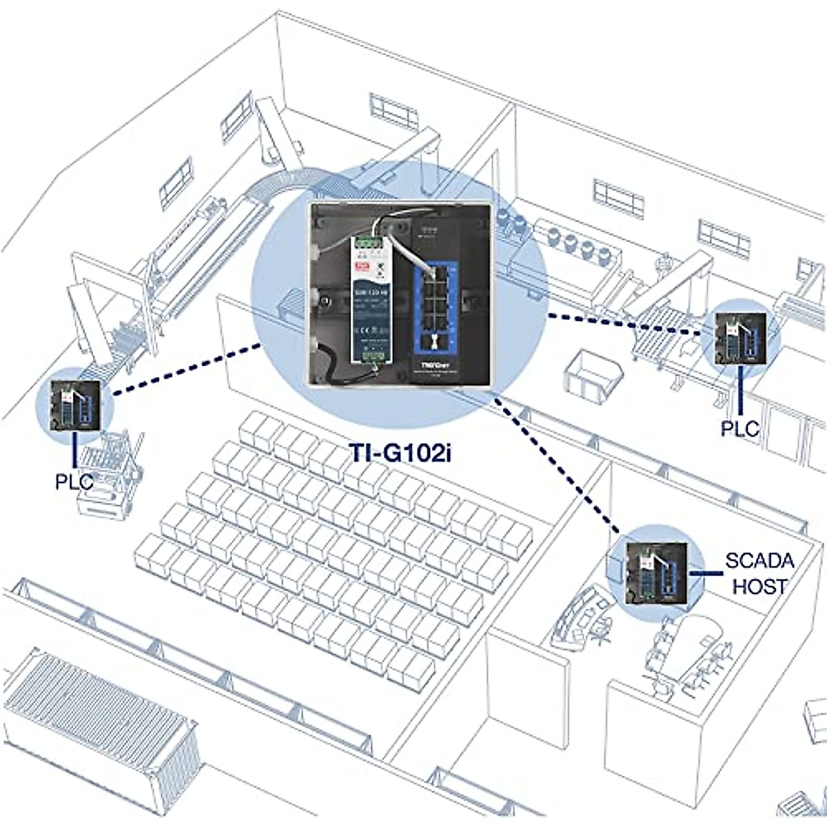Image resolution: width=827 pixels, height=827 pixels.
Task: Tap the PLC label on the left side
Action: point(74,480)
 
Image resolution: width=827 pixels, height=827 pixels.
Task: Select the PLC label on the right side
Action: point(739,428)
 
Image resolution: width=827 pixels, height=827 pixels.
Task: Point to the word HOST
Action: point(759,586)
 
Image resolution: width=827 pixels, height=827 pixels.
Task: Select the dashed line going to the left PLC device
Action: point(186,369)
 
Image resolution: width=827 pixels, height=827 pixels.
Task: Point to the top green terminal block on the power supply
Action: point(367,243)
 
